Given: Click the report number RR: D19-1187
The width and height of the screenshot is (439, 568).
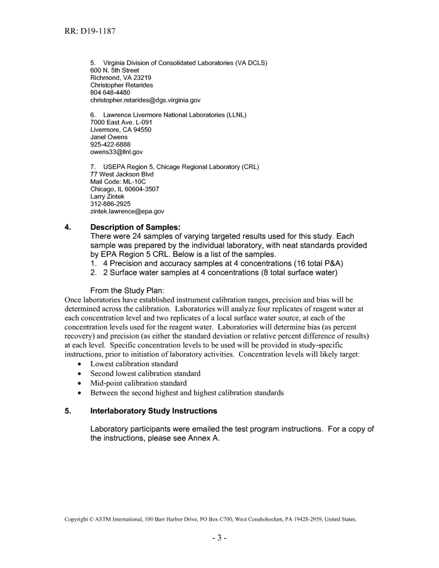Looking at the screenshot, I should [x=90, y=31].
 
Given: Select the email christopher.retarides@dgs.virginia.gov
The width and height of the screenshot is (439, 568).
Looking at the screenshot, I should [x=145, y=100].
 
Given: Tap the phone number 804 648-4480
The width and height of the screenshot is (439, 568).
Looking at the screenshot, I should [x=110, y=93].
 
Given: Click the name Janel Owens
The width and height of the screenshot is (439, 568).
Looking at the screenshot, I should [x=109, y=137].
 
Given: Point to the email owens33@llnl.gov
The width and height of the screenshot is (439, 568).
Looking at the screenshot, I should [x=116, y=152].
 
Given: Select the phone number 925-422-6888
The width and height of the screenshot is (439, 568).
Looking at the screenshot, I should [x=110, y=145].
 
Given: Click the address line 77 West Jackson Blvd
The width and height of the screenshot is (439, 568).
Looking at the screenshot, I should [x=122, y=175].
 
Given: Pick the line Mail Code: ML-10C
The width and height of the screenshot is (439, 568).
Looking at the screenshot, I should [x=118, y=182].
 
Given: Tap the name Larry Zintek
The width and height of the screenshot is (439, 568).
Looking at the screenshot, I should [x=107, y=197].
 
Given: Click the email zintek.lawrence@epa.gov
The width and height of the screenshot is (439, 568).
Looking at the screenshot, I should [x=127, y=211].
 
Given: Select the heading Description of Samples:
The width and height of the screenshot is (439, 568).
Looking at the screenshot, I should [x=135, y=227].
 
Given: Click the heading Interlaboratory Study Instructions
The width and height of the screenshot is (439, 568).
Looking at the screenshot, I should [x=153, y=411].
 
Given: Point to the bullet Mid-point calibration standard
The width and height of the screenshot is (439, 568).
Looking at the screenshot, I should [x=138, y=383].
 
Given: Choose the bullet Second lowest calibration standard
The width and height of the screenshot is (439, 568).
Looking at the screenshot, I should [x=145, y=374].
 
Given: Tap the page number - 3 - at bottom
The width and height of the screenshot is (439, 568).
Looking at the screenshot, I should [x=219, y=538].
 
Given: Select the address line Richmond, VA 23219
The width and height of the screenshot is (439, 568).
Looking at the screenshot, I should [x=121, y=78].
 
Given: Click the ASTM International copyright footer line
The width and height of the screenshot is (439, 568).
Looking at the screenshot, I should [x=210, y=520].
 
